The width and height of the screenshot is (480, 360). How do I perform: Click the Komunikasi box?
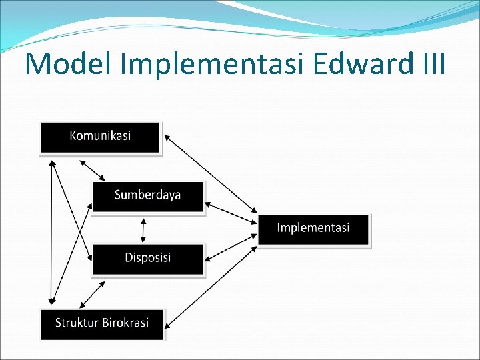[x=100, y=137]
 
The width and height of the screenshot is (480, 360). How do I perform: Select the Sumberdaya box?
[x=147, y=196]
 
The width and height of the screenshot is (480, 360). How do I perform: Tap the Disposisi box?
[x=147, y=259]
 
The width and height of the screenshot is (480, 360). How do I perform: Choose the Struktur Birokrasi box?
[x=101, y=324]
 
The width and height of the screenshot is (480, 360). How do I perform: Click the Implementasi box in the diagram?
[x=313, y=229]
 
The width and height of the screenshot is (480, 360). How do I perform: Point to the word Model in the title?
[x=63, y=63]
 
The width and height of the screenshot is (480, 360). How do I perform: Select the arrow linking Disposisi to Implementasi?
[x=231, y=247]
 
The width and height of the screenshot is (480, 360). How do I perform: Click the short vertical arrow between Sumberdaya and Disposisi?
[x=142, y=230]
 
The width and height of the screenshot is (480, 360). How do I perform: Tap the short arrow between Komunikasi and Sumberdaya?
[x=92, y=170]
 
